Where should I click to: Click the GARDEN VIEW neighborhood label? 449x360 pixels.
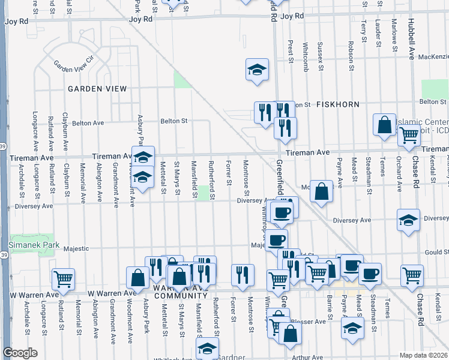click(x=97, y=89)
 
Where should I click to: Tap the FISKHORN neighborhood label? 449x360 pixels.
click(x=338, y=104)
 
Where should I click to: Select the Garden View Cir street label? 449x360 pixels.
click(x=74, y=62)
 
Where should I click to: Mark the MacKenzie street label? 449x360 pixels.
click(x=430, y=57)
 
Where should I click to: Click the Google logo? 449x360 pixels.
click(x=20, y=353)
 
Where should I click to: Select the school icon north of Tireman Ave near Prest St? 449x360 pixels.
click(x=257, y=70)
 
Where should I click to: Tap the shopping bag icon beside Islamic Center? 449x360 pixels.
click(x=384, y=125)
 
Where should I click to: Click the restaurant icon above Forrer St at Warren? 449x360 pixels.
click(x=243, y=275)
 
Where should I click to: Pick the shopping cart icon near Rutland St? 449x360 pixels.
click(x=62, y=278)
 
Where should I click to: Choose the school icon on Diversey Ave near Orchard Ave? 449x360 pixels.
click(x=408, y=220)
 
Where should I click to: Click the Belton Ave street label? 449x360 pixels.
click(x=88, y=123)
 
